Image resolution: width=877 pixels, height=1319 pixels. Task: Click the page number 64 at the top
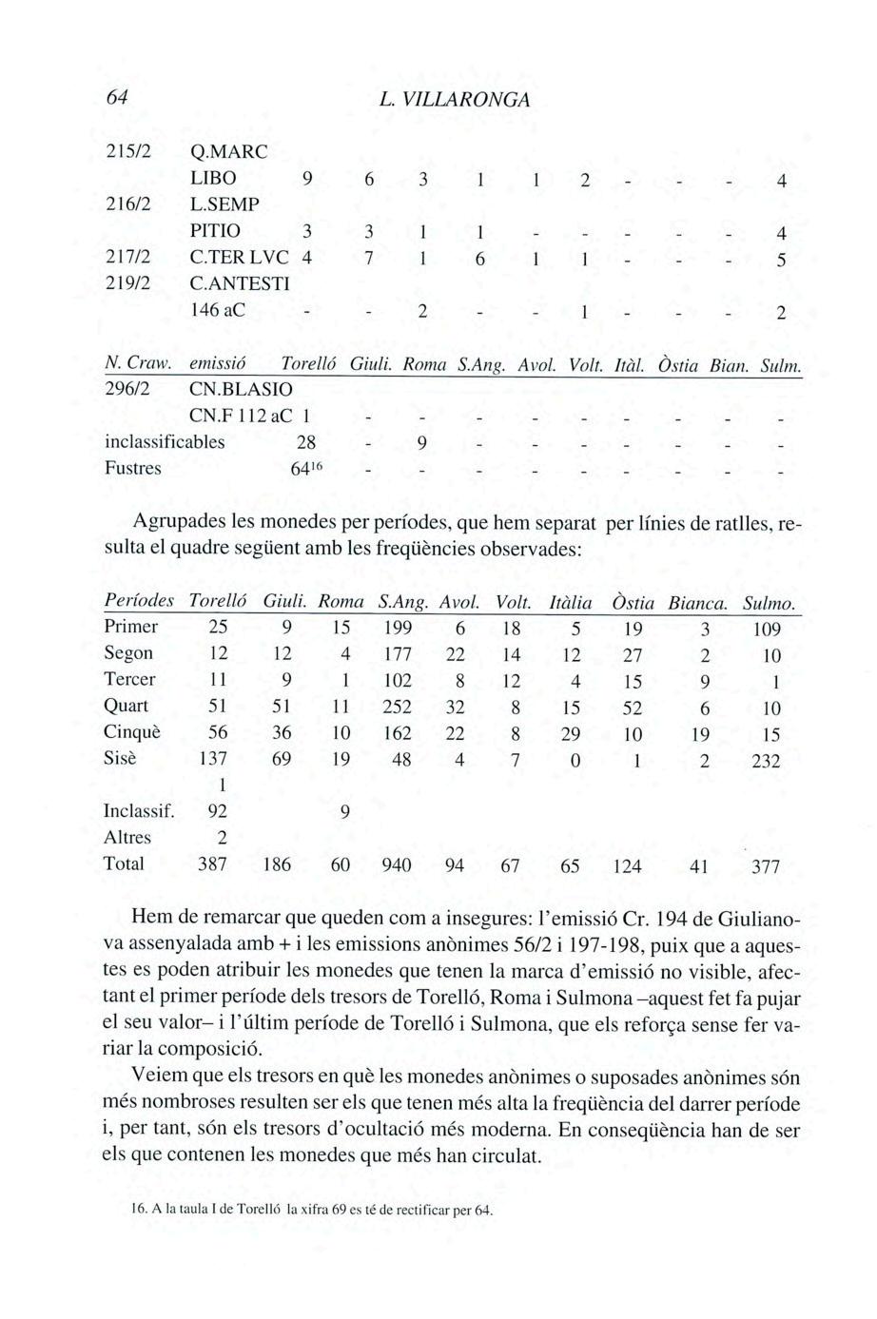(117, 99)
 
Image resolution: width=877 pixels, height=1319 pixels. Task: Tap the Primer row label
(130, 628)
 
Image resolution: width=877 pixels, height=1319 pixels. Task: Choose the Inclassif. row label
(138, 812)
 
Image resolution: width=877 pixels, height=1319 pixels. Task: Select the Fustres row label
(132, 469)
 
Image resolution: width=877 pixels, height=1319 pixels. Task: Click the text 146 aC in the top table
(218, 309)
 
